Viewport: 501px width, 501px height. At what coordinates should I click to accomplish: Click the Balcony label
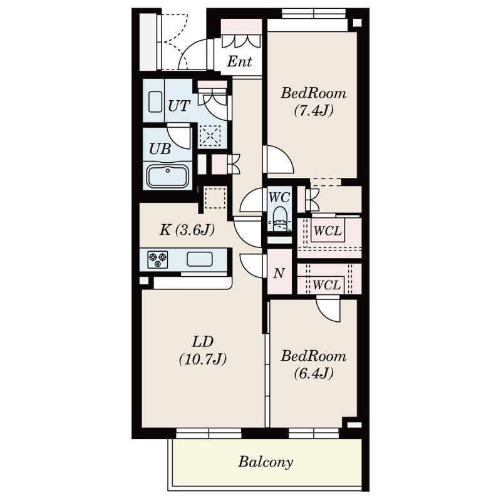[x=265, y=462]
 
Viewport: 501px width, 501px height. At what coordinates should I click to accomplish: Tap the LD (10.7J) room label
[x=203, y=351]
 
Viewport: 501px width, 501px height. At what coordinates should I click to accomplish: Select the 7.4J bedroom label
[x=314, y=102]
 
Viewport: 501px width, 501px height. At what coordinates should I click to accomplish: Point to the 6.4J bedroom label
[x=314, y=364]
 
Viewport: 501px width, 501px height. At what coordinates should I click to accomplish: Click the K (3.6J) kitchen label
[x=187, y=230]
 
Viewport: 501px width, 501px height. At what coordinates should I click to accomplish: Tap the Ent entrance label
[x=239, y=61]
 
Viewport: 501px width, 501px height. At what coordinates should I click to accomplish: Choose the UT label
[x=179, y=106]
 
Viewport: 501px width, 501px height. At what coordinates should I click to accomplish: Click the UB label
[x=160, y=148]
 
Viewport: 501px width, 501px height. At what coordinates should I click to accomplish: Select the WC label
[x=279, y=197]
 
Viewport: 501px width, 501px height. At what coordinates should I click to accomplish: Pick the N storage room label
[x=279, y=274]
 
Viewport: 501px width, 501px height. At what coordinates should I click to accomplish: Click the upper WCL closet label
[x=328, y=230]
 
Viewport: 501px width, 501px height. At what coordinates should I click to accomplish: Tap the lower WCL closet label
[x=326, y=285]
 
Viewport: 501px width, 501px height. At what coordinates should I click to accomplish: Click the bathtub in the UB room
[x=167, y=176]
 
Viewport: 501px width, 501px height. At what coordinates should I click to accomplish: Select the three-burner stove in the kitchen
[x=158, y=259]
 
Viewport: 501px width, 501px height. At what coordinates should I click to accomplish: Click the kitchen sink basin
[x=199, y=259]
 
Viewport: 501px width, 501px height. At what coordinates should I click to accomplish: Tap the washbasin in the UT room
[x=155, y=102]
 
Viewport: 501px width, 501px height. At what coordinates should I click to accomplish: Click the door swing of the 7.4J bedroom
[x=277, y=160]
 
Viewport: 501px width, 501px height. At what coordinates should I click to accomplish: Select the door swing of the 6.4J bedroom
[x=328, y=308]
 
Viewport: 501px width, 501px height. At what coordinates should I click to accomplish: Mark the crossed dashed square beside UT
[x=210, y=136]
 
